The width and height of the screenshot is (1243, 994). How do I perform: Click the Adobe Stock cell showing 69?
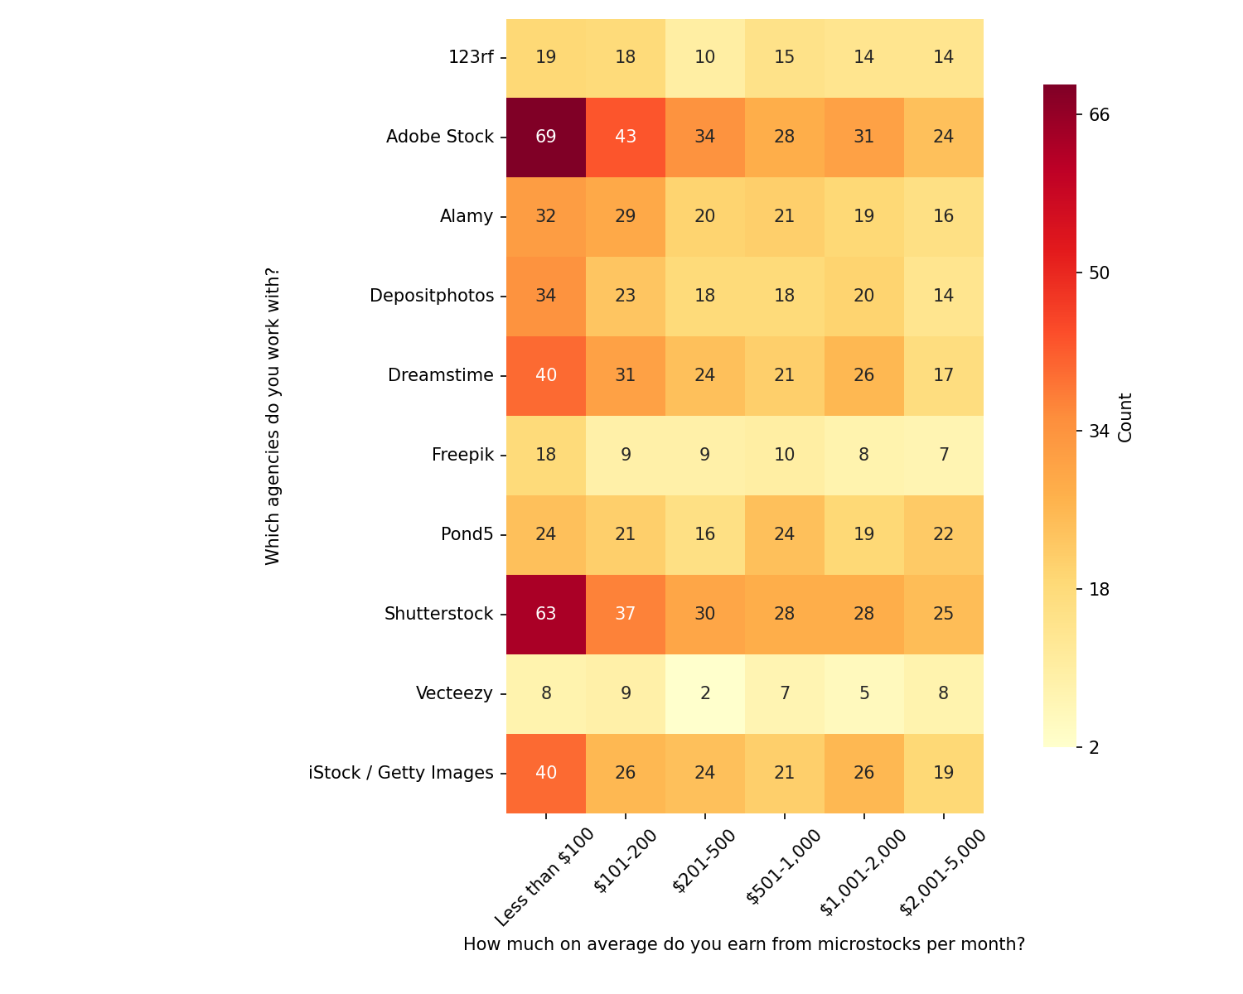(546, 137)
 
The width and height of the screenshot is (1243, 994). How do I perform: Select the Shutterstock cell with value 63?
(546, 614)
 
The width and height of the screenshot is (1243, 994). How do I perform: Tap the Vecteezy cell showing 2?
(705, 693)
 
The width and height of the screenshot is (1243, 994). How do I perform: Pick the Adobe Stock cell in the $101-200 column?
(626, 137)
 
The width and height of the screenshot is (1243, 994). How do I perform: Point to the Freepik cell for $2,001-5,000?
(944, 455)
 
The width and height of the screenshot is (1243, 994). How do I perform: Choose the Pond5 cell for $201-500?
(705, 534)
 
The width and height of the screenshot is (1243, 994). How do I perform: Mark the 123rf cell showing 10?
(705, 57)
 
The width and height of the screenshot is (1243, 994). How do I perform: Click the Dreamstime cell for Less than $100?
(546, 375)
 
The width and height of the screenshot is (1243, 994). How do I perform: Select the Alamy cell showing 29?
(626, 216)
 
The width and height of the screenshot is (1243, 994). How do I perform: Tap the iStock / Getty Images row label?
(401, 773)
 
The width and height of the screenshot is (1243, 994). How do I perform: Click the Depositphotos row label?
(432, 296)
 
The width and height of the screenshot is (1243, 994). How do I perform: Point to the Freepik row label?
(462, 455)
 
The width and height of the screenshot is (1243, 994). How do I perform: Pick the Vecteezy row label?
(454, 693)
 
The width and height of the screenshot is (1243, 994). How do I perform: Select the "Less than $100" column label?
(544, 876)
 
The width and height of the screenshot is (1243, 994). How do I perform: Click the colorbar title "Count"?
(1125, 417)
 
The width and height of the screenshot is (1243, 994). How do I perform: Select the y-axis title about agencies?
(273, 416)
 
